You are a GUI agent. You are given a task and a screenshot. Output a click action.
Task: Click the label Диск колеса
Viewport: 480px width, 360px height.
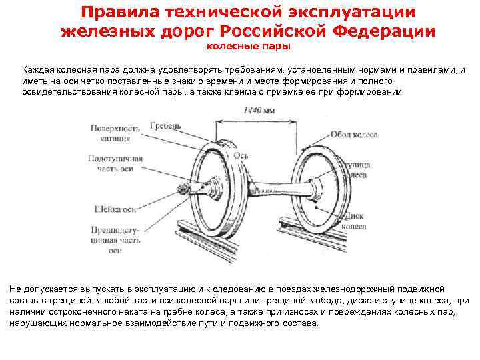click(x=354, y=221)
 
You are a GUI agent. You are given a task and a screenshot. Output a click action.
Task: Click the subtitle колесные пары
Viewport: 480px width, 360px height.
click(x=246, y=47)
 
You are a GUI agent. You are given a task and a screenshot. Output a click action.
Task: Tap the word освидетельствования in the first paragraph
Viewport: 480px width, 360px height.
click(x=65, y=91)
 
